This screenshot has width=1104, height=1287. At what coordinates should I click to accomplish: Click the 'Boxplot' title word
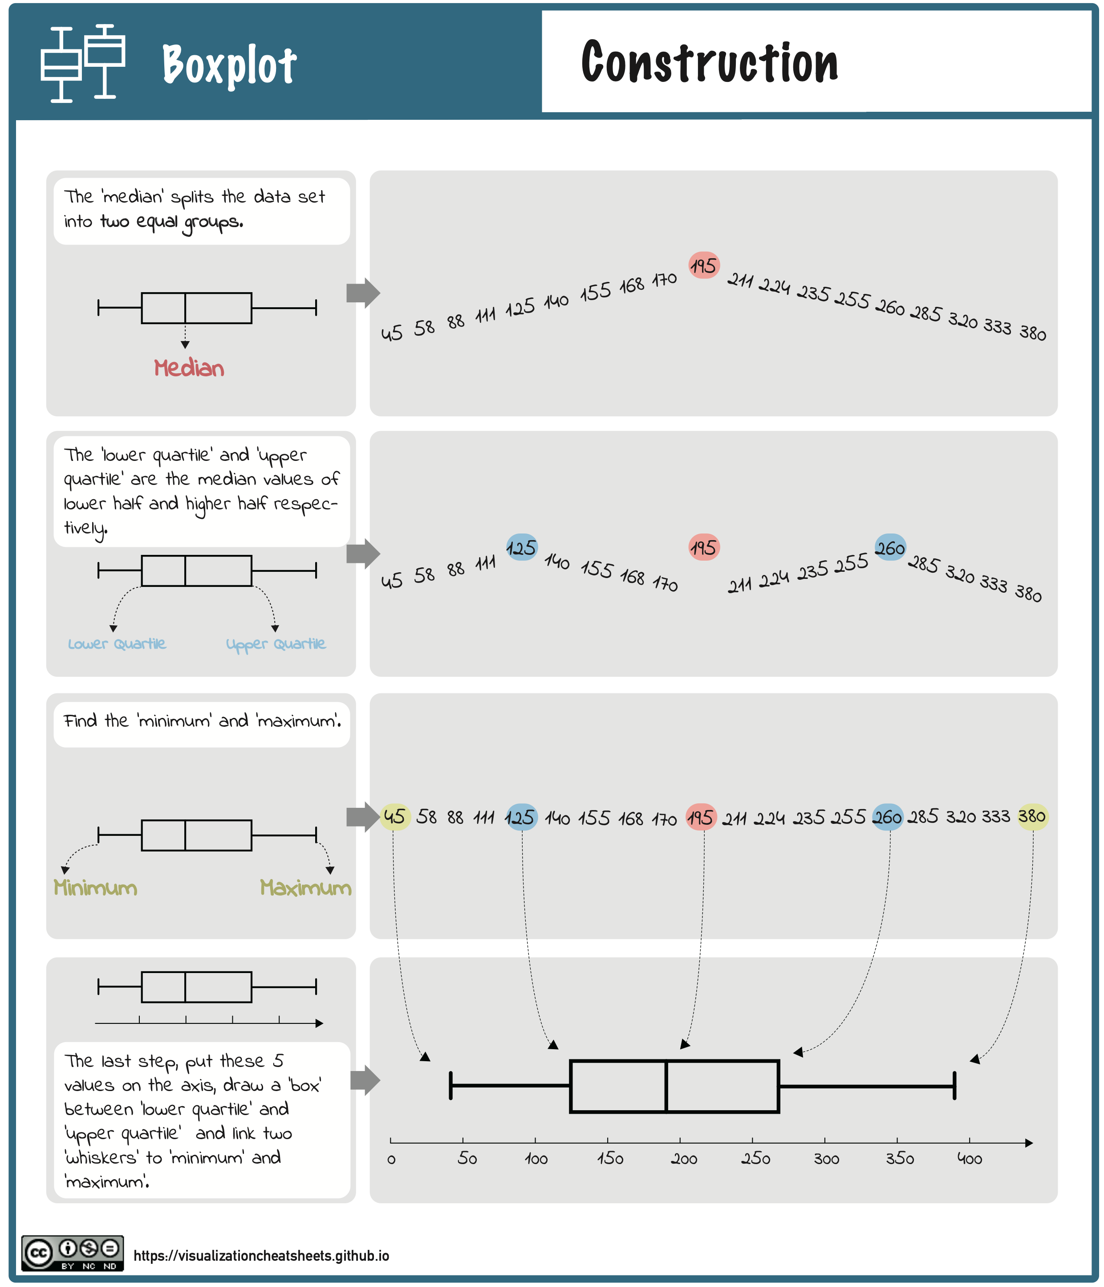pyautogui.click(x=229, y=65)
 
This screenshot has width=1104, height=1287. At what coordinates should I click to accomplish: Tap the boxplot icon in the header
pyautogui.click(x=83, y=63)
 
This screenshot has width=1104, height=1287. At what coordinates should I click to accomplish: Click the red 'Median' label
pyautogui.click(x=189, y=368)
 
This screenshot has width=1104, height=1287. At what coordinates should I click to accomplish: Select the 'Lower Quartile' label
pyautogui.click(x=117, y=643)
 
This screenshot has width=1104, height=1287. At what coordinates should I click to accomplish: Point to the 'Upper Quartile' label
pyautogui.click(x=276, y=644)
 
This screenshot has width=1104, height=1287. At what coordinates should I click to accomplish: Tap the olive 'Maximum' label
pyautogui.click(x=305, y=887)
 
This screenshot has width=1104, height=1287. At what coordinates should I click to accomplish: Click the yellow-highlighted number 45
pyautogui.click(x=394, y=816)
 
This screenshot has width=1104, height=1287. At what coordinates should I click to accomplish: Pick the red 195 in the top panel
pyautogui.click(x=703, y=266)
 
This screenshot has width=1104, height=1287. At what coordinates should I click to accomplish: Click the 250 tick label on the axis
pyautogui.click(x=755, y=1159)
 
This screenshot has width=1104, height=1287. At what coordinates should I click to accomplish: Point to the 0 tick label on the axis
pyautogui.click(x=391, y=1160)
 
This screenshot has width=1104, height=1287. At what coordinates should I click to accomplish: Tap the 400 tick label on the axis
pyautogui.click(x=969, y=1159)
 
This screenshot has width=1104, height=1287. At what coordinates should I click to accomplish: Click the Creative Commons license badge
pyautogui.click(x=73, y=1253)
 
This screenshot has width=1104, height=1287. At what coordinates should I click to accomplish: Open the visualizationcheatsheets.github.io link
pyautogui.click(x=261, y=1255)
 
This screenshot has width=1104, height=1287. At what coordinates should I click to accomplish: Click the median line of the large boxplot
pyautogui.click(x=666, y=1086)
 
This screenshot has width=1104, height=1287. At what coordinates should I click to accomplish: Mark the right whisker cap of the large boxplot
pyautogui.click(x=954, y=1086)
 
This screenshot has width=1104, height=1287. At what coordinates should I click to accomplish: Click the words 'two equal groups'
pyautogui.click(x=171, y=222)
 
